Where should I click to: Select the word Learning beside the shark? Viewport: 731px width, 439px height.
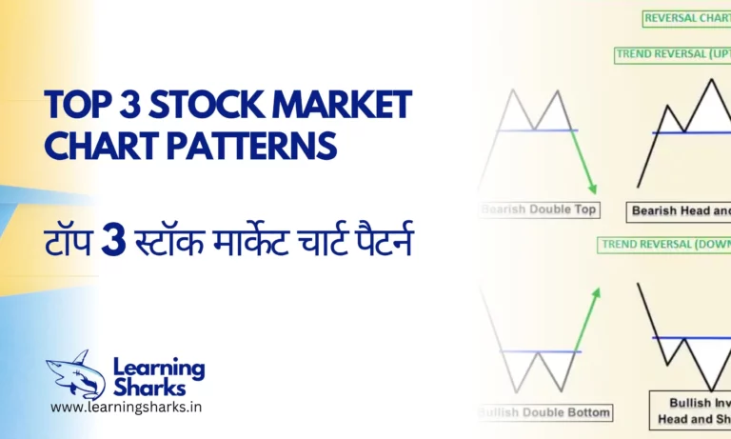158,366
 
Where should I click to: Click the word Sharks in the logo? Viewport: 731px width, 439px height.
149,386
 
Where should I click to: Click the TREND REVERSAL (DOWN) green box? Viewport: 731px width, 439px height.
665,245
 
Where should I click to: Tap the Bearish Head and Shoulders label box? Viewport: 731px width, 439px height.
679,210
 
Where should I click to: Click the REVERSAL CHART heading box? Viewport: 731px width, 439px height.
686,17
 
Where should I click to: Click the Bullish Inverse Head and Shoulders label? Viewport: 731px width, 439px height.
691,409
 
